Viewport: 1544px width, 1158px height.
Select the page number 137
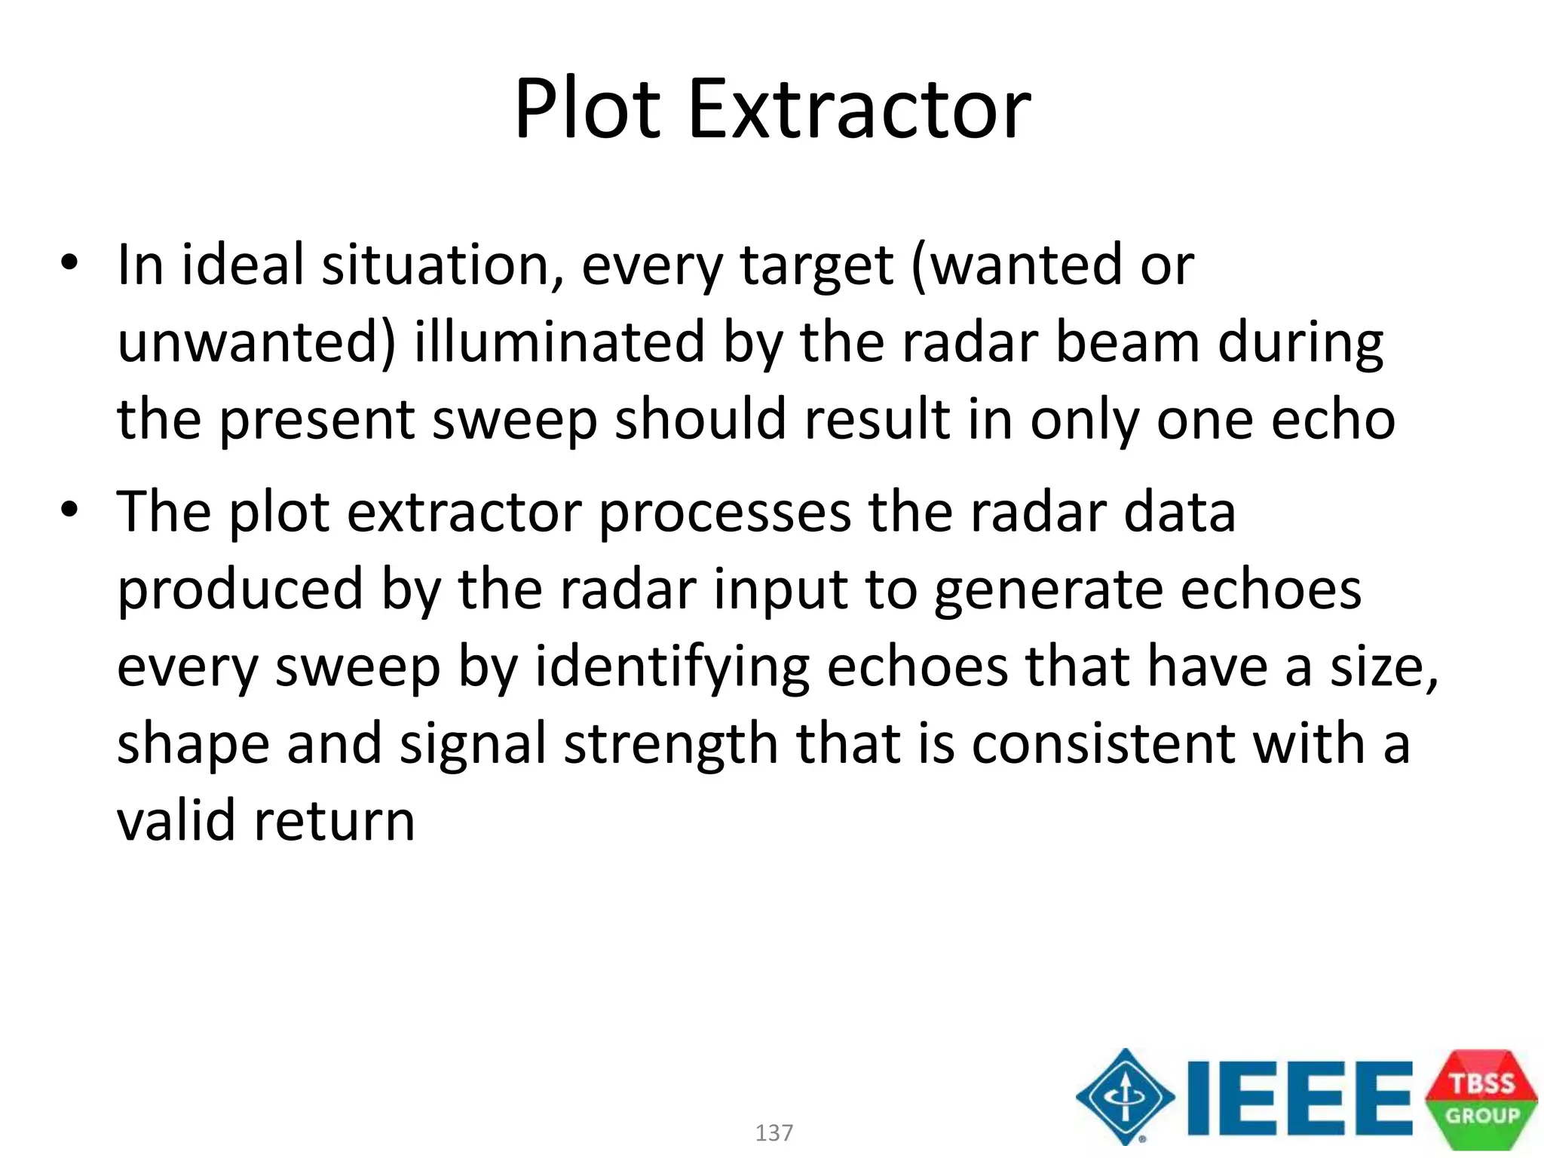tap(774, 1132)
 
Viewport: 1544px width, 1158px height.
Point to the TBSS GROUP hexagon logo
tap(1481, 1098)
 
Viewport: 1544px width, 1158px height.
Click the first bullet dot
tap(70, 263)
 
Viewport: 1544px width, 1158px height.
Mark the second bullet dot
tap(70, 510)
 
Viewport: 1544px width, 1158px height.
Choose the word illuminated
tap(559, 342)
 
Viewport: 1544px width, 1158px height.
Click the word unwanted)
tap(256, 342)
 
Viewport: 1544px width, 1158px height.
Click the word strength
tap(671, 745)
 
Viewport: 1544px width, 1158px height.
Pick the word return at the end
tap(335, 822)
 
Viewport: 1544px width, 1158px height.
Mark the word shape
tap(193, 745)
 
